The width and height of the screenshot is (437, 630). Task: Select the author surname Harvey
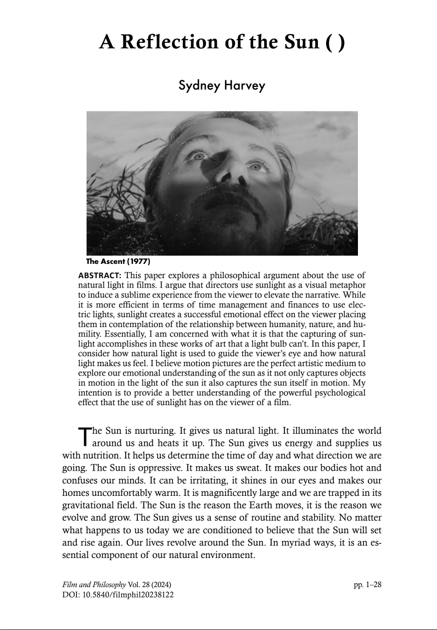coord(238,86)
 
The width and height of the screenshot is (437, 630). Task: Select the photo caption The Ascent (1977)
coord(118,261)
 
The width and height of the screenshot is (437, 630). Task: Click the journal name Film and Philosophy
coord(92,584)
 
